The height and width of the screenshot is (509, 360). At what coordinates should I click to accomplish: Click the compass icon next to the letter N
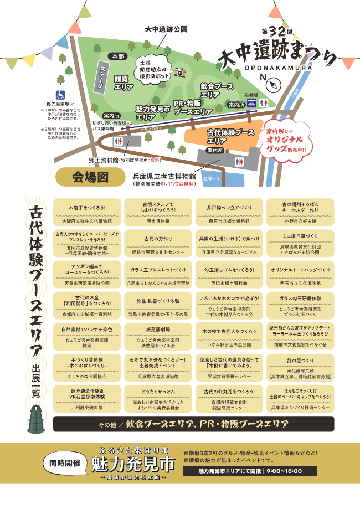coord(275,84)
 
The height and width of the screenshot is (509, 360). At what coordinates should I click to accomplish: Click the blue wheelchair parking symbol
coord(59,95)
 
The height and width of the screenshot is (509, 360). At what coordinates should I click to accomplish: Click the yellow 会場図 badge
coord(90,177)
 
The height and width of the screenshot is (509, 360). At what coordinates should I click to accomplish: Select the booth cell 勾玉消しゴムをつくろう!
coord(227,274)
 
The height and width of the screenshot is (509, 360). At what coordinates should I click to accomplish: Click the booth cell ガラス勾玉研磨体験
coord(300,305)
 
